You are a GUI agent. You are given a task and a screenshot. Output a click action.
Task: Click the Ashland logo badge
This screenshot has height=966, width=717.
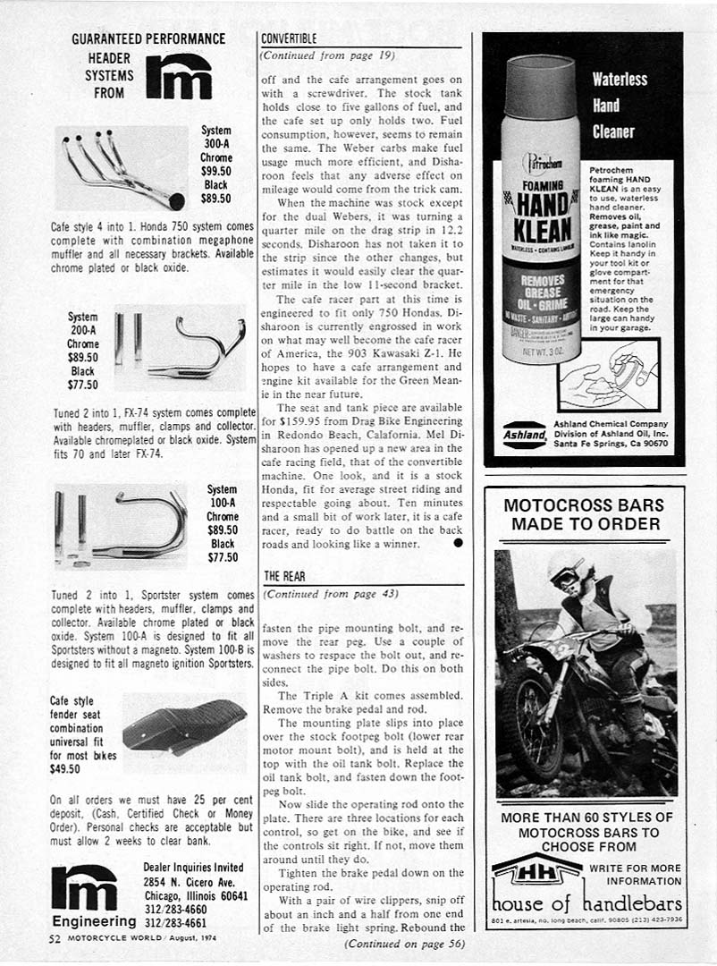(524, 434)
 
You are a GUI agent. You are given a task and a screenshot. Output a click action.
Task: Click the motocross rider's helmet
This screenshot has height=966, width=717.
(567, 570)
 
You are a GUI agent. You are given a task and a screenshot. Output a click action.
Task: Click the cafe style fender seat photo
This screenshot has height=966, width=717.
(184, 724)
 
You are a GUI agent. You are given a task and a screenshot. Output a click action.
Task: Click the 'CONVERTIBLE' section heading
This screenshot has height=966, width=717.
(288, 39)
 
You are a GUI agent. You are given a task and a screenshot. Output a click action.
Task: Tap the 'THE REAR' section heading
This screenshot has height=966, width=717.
(285, 576)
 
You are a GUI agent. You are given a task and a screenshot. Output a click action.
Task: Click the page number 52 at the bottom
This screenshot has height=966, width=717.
(55, 938)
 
